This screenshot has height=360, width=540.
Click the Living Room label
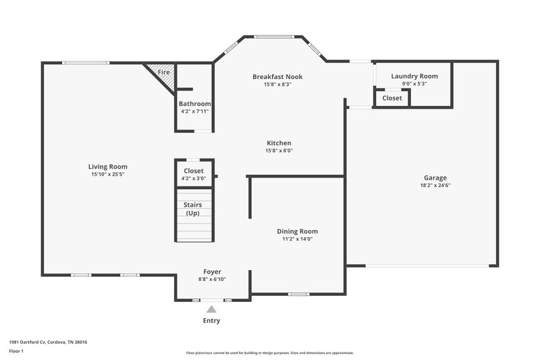pos(108,167)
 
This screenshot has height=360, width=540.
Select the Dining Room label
pos(298,231)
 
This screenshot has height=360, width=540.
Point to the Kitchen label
pos(279,143)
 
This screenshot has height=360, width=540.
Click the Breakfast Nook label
pos(277,77)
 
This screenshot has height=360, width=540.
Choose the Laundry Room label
pos(414,76)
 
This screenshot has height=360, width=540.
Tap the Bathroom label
pos(195,104)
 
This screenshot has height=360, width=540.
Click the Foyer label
pos(212,272)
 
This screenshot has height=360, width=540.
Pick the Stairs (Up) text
pos(194,209)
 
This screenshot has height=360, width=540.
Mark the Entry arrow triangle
pos(211,309)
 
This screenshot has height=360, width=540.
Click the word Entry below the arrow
pos(211,321)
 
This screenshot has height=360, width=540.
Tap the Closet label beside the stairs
pos(194,171)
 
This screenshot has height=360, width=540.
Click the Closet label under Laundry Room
pos(392,98)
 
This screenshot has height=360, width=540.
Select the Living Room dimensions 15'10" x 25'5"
pos(108,174)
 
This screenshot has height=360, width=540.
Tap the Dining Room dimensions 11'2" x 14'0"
pos(298,238)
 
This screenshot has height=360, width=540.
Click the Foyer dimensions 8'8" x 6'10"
pos(212,279)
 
